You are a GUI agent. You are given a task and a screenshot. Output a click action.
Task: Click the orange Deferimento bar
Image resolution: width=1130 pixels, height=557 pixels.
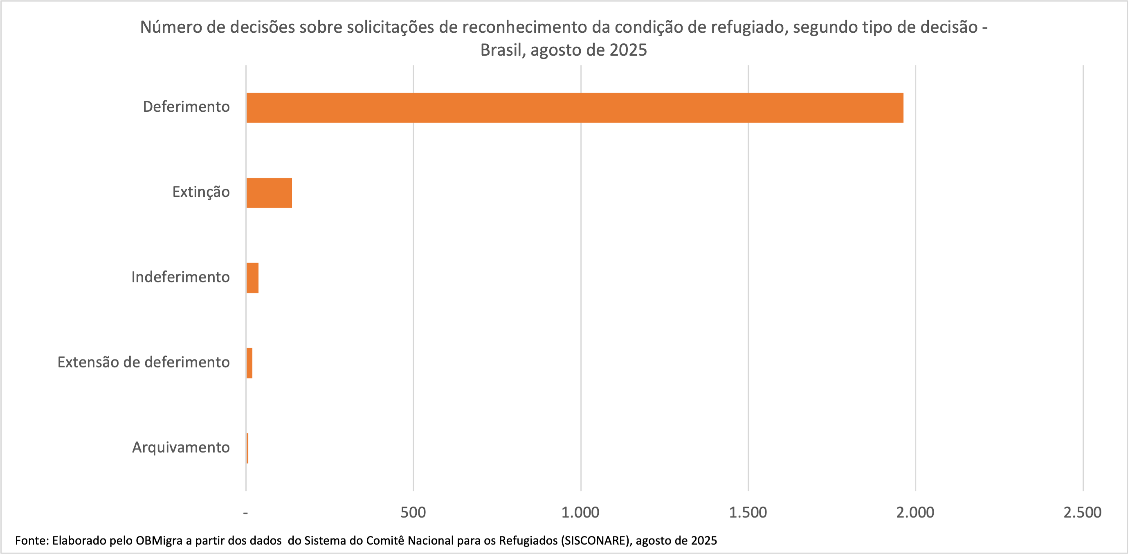575,108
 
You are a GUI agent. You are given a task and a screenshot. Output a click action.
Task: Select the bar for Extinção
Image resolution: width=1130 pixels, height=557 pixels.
269,193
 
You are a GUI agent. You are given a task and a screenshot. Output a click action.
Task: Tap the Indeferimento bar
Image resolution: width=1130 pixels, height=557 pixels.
252,278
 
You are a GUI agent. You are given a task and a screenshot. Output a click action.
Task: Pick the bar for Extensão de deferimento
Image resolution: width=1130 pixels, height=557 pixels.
249,363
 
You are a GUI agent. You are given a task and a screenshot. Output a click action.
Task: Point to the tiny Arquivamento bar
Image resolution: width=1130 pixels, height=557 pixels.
247,448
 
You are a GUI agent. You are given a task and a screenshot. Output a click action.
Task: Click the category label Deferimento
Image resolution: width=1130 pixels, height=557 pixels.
186,107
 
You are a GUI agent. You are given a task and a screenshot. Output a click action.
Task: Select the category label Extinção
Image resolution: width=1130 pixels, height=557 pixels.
200,192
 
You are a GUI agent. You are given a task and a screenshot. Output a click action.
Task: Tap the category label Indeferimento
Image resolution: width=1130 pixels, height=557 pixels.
180,277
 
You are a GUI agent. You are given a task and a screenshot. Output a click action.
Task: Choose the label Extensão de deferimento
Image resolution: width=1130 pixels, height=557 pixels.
144,362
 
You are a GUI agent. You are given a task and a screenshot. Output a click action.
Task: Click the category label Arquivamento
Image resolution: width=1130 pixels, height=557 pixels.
181,447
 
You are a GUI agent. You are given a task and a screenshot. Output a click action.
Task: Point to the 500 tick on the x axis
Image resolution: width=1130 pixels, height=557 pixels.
413,512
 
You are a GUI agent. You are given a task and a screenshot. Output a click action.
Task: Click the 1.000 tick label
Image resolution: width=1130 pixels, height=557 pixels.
580,512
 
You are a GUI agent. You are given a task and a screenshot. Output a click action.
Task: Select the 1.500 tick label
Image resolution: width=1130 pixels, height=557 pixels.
748,512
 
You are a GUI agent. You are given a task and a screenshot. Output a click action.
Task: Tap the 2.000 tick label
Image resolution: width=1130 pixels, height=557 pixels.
915,512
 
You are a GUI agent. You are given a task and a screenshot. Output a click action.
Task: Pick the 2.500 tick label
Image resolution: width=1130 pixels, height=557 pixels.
1082,512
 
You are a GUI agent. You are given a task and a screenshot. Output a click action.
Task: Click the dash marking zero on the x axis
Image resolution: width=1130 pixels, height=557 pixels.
246,513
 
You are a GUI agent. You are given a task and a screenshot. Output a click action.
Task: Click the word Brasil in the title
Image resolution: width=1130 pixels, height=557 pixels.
502,50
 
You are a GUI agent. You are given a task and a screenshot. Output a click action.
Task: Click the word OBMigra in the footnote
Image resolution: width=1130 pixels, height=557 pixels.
159,540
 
